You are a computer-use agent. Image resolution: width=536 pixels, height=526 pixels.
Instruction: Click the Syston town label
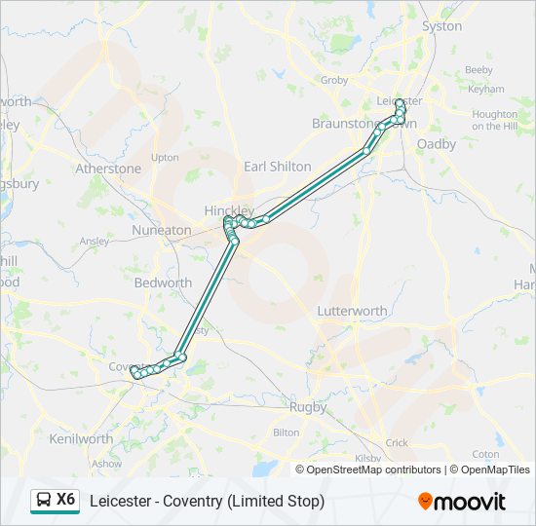(442, 26)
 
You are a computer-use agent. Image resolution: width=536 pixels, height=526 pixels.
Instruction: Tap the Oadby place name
(436, 143)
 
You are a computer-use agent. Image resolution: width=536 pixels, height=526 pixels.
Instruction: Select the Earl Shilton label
(278, 167)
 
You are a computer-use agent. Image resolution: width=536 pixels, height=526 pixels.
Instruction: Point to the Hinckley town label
(228, 210)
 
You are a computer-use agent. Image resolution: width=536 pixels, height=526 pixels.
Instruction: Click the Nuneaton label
(162, 230)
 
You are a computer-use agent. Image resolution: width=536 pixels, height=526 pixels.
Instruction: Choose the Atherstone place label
(108, 169)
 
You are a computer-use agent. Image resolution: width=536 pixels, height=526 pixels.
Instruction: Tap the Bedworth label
(163, 282)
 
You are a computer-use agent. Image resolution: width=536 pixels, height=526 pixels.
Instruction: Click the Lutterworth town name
(352, 311)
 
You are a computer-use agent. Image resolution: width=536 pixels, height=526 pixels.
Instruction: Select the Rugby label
(308, 407)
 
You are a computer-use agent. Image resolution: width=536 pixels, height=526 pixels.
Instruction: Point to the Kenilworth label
(81, 438)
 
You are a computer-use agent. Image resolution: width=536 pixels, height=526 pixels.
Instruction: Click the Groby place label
(334, 80)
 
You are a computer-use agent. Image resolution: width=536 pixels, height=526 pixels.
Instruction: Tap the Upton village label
(165, 157)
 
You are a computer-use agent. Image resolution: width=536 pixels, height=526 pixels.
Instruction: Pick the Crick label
(397, 442)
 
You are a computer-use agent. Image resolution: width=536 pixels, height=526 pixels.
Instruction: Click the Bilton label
(287, 432)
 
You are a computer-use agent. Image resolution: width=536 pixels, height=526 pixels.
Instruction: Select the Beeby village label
(479, 70)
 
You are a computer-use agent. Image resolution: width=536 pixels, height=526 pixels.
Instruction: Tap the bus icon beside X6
(43, 501)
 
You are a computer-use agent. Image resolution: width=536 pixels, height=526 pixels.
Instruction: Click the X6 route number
(65, 500)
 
